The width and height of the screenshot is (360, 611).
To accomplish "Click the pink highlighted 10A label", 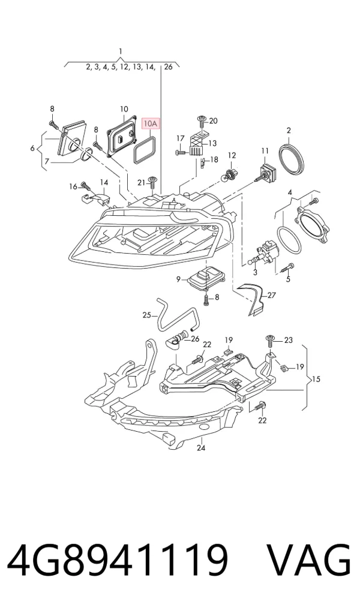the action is coord(151,124).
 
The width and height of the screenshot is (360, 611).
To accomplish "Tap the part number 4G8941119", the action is coord(117,561).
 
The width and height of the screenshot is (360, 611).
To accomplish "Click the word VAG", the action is coord(308,561).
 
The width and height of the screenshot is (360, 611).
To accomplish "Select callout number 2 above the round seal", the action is coord(289,131).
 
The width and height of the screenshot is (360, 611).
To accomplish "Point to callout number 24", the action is coord(201,448).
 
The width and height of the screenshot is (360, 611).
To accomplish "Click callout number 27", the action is coord(271,296).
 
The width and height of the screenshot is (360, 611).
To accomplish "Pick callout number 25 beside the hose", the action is coord(146,315).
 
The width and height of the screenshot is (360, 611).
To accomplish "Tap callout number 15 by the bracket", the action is coord(316,379).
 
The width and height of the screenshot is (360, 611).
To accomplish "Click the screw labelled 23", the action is coord(269,341).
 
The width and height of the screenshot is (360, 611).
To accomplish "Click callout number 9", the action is coord(178,279).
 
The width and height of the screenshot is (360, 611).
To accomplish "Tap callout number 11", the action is coord(265,151).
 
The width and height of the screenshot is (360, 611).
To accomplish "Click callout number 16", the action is coord(73,187).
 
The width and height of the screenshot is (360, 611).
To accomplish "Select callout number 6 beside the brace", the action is coord(32,148).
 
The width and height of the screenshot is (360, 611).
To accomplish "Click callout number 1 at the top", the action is coord(121,51).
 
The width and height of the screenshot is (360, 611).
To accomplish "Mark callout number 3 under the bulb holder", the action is coord(256,272).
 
